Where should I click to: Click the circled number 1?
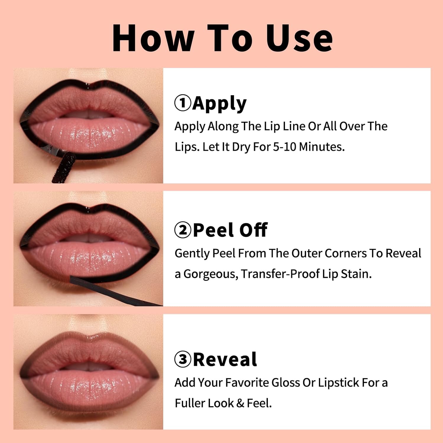coord(183,103)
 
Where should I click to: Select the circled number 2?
coord(183,230)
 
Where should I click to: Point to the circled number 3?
coord(183,359)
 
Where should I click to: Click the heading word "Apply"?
coord(219,104)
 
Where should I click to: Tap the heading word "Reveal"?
coord(225,359)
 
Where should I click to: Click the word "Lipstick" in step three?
coord(339,383)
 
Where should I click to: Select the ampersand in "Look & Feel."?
coord(240,403)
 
